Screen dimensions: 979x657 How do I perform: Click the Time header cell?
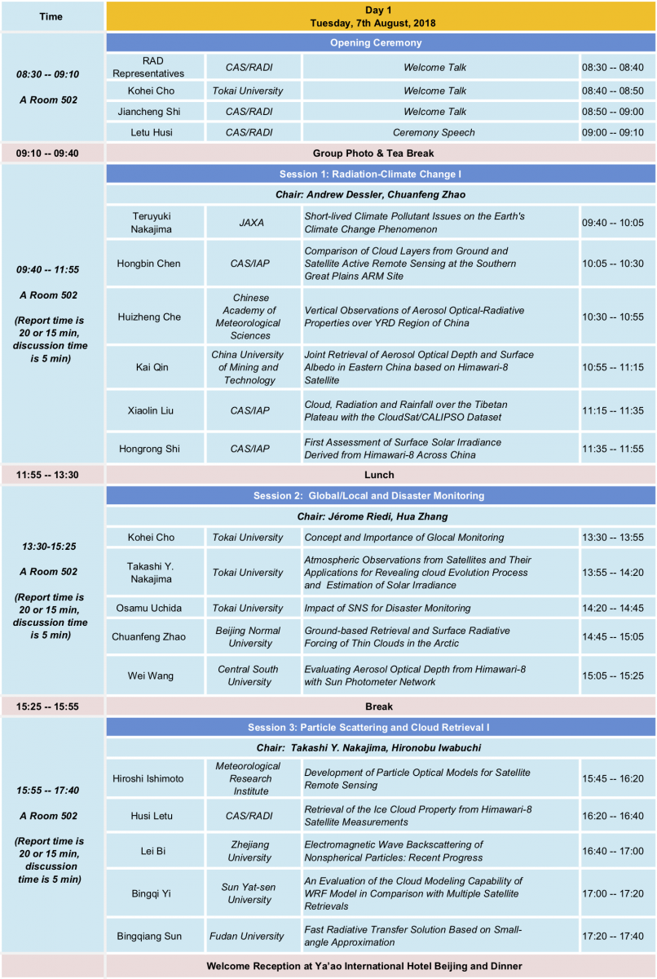51,16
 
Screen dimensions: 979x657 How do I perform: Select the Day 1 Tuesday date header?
380,16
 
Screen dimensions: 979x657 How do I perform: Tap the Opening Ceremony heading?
380,42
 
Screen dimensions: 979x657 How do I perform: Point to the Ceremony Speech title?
434,132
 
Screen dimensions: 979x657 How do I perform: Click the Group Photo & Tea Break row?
380,153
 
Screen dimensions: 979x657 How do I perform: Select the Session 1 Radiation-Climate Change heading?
380,174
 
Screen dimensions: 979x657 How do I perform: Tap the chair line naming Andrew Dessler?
380,194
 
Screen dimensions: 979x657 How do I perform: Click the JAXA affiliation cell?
248,222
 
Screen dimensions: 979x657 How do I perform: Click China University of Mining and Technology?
248,367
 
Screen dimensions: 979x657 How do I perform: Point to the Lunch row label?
380,474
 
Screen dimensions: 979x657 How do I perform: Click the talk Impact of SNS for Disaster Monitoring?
387,608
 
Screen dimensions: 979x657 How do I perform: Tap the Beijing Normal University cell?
248,636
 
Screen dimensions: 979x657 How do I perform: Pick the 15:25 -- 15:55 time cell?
51,706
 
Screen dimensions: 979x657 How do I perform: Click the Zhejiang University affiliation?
248,851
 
